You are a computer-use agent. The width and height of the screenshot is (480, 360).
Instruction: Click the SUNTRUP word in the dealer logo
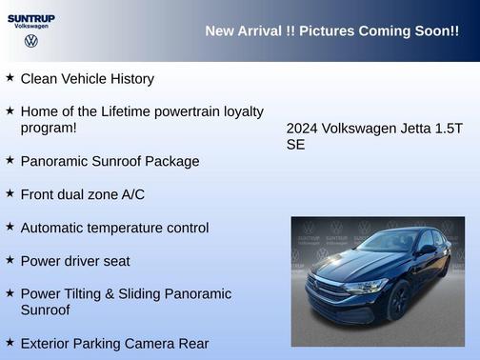(x=30, y=17)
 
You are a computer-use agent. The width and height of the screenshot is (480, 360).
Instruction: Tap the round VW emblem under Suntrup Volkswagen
(x=31, y=41)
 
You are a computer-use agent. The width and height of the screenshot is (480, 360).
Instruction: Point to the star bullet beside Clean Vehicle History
(x=10, y=77)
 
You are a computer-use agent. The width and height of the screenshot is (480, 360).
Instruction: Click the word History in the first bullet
(x=129, y=79)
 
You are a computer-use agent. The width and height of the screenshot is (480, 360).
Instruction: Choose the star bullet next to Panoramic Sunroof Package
(x=10, y=159)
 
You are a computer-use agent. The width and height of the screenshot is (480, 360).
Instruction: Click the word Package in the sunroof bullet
(x=170, y=162)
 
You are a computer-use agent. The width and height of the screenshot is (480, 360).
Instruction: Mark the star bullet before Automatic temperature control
(x=10, y=227)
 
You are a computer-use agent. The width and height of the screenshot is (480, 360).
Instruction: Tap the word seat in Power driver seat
(x=114, y=261)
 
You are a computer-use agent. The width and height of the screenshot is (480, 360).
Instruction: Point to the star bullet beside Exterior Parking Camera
(x=10, y=341)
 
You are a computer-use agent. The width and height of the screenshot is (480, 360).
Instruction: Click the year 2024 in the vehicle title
(x=304, y=129)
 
